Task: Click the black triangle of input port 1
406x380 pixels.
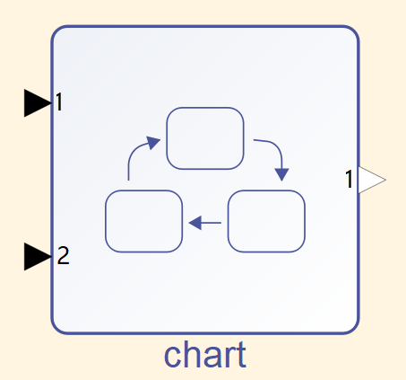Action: (37, 103)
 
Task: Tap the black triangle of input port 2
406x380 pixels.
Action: (37, 257)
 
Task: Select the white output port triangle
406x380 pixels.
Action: (371, 180)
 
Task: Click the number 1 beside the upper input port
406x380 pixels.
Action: (59, 102)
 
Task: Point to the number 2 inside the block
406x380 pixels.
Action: (63, 255)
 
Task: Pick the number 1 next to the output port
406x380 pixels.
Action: (349, 179)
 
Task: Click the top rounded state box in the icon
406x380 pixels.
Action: (205, 138)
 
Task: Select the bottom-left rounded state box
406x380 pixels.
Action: (143, 221)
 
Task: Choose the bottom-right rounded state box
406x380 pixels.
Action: (266, 221)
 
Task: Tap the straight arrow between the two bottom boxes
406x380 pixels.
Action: (205, 223)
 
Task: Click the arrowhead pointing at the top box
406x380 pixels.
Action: (153, 142)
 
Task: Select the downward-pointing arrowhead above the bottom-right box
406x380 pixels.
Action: (281, 174)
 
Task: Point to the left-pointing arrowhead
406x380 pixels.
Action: (195, 223)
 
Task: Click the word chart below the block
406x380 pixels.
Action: (205, 355)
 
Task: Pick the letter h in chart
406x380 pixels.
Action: (190, 355)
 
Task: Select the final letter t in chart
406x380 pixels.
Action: (240, 356)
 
